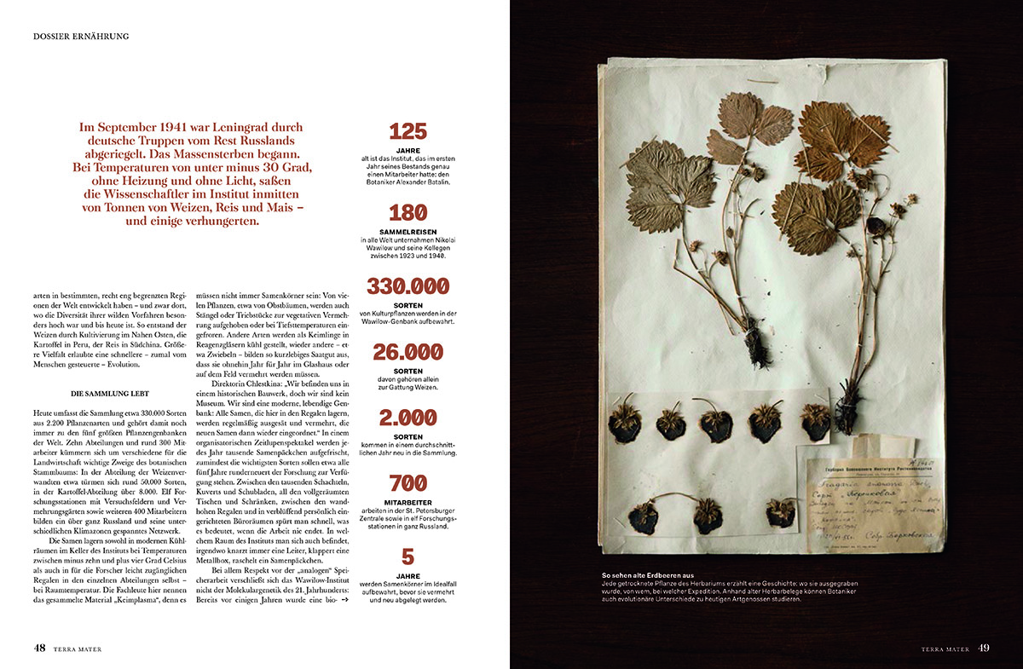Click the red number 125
tap(407, 131)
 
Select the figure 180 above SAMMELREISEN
tap(407, 213)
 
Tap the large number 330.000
tap(407, 286)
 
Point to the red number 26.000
tap(407, 352)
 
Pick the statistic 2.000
tap(407, 418)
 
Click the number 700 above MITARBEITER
tap(407, 483)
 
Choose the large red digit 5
tap(407, 557)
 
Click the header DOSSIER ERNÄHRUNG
tap(81, 36)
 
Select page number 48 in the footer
tap(39, 648)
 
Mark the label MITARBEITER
tap(407, 502)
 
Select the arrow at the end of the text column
tap(344, 600)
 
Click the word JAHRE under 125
tap(407, 151)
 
